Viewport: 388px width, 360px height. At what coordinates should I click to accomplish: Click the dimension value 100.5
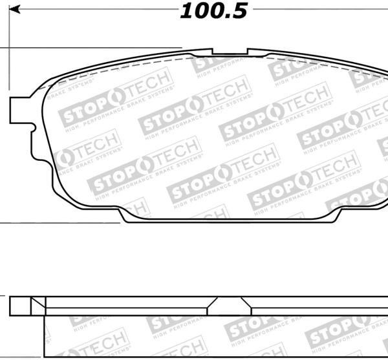pyautogui.click(x=213, y=11)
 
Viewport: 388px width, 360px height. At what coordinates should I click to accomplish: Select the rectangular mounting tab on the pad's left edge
pyautogui.click(x=19, y=109)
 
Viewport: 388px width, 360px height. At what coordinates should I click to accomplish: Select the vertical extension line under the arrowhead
pyautogui.click(x=9, y=52)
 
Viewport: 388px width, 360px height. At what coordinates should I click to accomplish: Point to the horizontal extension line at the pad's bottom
pyautogui.click(x=58, y=222)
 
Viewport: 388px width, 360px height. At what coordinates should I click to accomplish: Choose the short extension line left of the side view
pyautogui.click(x=3, y=297)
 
